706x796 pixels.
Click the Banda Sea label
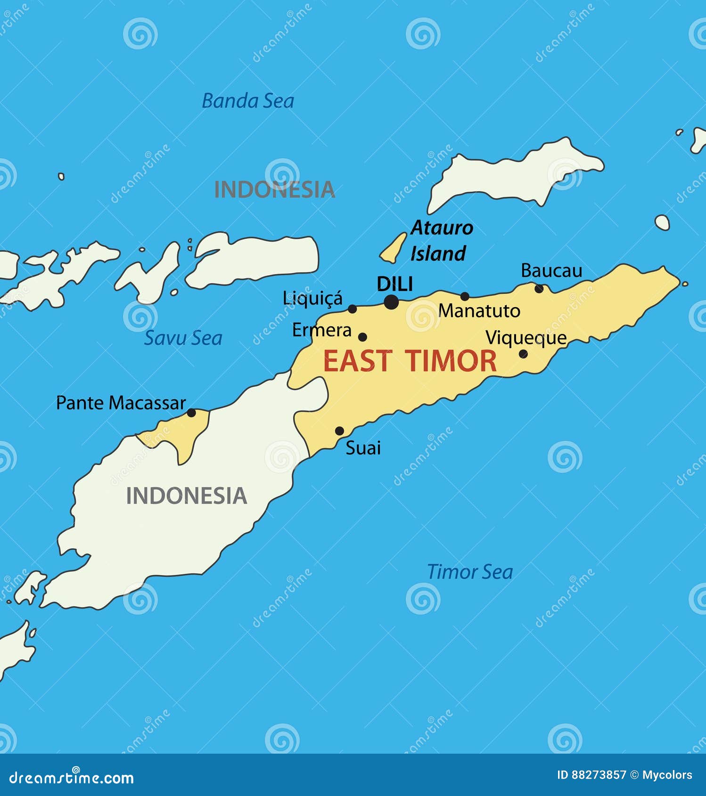(x=248, y=101)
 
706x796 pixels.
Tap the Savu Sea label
(x=183, y=338)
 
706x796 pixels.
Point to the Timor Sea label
(x=469, y=572)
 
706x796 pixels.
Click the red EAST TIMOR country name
(x=410, y=361)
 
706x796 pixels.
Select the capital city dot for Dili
(x=391, y=302)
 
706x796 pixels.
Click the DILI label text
(x=395, y=284)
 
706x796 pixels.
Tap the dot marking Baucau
(x=539, y=288)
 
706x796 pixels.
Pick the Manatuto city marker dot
(x=465, y=296)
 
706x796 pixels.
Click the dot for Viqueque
(x=523, y=354)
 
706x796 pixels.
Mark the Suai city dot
(x=339, y=431)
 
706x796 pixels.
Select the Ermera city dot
(x=362, y=337)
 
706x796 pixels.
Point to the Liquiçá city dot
(x=352, y=309)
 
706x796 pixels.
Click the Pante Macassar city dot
(x=191, y=413)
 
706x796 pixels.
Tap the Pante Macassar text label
(x=121, y=403)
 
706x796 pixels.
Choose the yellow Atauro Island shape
(x=394, y=248)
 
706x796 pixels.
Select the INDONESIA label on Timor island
(x=187, y=496)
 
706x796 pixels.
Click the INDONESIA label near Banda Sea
(x=274, y=189)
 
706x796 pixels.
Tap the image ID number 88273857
(x=599, y=775)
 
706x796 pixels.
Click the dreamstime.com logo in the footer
(x=72, y=778)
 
